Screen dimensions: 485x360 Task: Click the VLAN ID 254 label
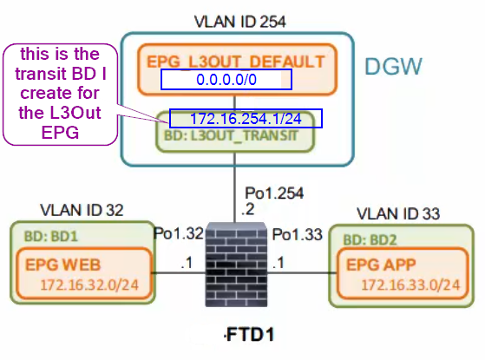(x=240, y=22)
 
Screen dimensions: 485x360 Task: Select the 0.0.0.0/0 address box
(x=226, y=80)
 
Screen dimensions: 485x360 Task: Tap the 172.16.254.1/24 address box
(x=246, y=119)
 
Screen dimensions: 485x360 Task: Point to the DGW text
(x=393, y=66)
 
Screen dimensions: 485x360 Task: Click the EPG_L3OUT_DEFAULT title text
(x=236, y=62)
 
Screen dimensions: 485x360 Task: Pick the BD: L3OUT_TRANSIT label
(x=231, y=135)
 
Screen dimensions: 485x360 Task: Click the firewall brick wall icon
(x=236, y=265)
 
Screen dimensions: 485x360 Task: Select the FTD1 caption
(x=250, y=335)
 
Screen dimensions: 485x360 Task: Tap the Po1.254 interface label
(x=274, y=193)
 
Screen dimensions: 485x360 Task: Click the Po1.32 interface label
(x=179, y=233)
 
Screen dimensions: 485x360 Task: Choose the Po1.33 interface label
(x=298, y=234)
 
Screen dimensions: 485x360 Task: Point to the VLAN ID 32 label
(x=82, y=210)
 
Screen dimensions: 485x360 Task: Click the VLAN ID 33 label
(x=398, y=213)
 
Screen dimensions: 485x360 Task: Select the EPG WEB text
(x=63, y=265)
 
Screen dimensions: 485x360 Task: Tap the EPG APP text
(x=381, y=265)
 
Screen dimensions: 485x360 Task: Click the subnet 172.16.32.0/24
(x=89, y=285)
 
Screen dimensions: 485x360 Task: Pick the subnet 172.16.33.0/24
(x=410, y=285)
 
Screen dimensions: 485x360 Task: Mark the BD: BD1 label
(x=51, y=236)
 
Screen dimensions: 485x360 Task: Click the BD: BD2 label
(x=370, y=239)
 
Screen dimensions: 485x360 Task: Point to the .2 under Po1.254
(x=248, y=209)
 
